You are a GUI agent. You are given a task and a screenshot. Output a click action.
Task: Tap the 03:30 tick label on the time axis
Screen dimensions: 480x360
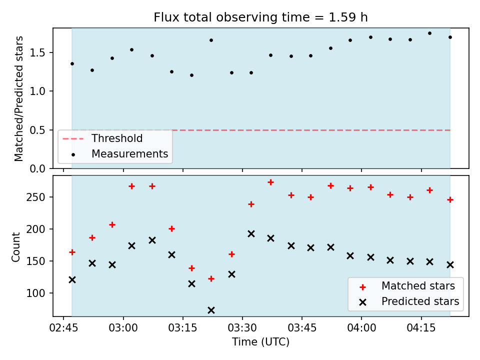click(x=242, y=328)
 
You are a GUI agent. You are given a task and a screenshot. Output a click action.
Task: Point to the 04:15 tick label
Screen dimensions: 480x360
click(x=421, y=328)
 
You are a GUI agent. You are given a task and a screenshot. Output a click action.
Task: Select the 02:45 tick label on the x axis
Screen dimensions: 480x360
click(x=63, y=328)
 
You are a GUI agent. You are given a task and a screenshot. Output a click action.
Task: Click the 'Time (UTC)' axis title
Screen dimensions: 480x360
click(x=260, y=341)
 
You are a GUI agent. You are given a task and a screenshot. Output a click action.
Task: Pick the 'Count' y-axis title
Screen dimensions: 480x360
click(x=15, y=247)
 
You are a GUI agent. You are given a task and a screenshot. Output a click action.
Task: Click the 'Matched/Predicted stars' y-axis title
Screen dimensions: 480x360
click(x=18, y=98)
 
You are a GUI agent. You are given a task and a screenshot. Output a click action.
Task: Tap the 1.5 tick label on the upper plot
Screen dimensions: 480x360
click(x=37, y=52)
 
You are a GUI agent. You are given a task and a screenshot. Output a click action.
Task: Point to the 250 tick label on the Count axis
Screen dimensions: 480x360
click(x=35, y=197)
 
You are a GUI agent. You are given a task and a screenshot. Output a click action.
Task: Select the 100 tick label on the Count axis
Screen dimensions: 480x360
click(x=35, y=293)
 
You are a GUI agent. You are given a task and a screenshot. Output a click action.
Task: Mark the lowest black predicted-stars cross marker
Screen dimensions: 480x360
click(x=211, y=310)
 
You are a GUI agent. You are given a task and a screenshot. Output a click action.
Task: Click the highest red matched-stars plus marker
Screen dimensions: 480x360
click(x=270, y=182)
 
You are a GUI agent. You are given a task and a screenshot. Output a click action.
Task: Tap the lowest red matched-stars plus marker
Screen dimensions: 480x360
click(x=211, y=279)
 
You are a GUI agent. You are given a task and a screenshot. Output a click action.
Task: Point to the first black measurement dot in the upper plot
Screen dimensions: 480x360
click(x=72, y=64)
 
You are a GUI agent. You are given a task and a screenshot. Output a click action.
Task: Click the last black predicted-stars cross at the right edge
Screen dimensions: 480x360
click(x=450, y=265)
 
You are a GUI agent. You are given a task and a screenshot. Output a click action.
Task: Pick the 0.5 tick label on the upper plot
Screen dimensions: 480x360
click(x=37, y=130)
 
